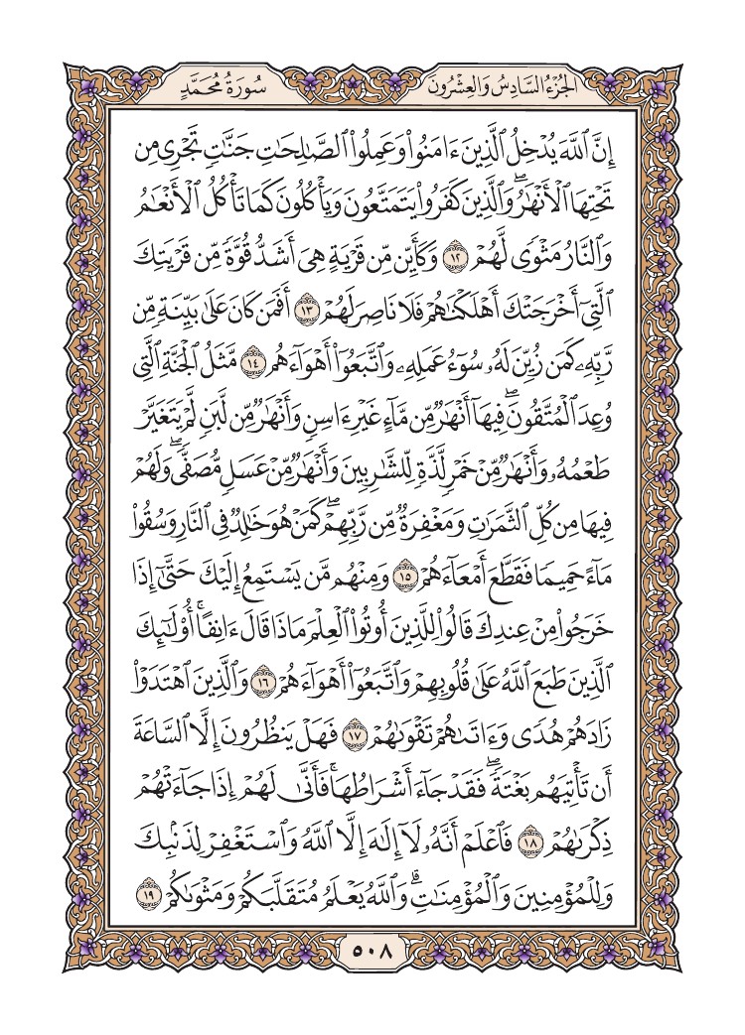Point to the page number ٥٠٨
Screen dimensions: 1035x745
click(372, 959)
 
